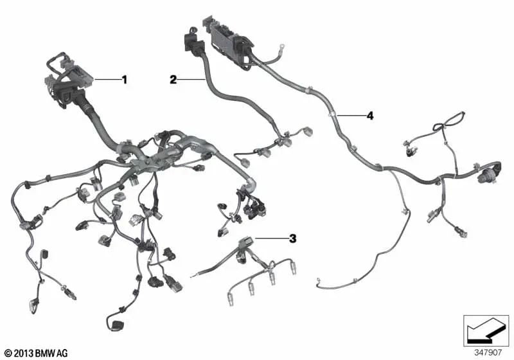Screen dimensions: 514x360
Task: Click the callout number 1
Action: click(124, 80)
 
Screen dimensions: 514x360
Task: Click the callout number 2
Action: click(173, 79)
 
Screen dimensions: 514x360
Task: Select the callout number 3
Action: click(292, 239)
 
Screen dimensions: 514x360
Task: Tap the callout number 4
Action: click(370, 116)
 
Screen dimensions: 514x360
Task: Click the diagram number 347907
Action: click(488, 353)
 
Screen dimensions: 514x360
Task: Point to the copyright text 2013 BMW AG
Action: click(37, 354)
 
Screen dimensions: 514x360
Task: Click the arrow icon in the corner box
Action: click(486, 330)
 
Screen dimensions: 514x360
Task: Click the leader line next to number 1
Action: click(107, 80)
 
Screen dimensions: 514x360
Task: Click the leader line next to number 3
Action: click(271, 239)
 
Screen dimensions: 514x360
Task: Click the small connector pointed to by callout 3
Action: click(247, 242)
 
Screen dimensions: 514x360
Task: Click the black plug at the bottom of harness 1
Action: click(116, 325)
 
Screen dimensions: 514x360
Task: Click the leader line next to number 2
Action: click(191, 79)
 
